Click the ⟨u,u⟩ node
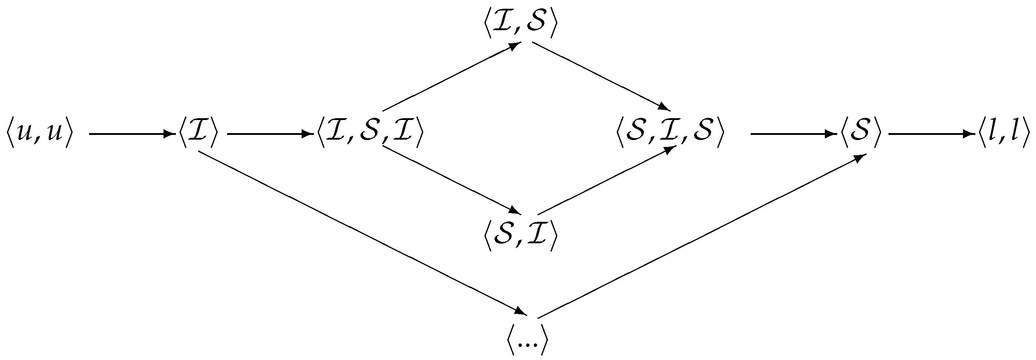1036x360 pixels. tap(39, 133)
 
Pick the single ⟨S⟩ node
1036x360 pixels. tap(860, 133)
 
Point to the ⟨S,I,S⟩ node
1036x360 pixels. tap(670, 133)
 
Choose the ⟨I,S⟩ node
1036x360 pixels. tap(521, 24)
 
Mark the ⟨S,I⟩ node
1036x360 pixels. tap(521, 235)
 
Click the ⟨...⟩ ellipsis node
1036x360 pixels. tap(527, 341)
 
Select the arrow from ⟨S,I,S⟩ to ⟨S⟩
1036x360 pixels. tap(792, 134)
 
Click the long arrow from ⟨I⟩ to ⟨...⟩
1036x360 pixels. tap(362, 232)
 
